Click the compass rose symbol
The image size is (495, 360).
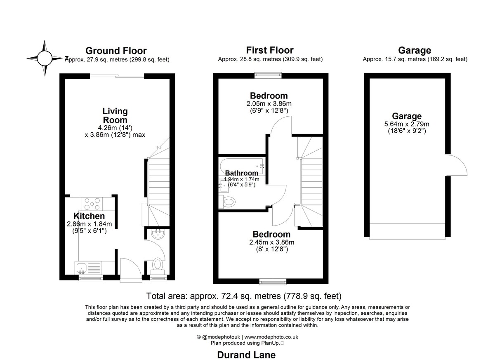pyautogui.click(x=45, y=58)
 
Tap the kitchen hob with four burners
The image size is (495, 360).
pyautogui.click(x=92, y=204)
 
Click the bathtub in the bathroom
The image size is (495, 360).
pyautogui.click(x=242, y=166)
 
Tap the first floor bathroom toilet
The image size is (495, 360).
pyautogui.click(x=227, y=202)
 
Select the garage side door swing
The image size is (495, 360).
pyautogui.click(x=457, y=165)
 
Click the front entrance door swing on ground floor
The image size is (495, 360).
pyautogui.click(x=131, y=269)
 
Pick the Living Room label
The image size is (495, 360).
pyautogui.click(x=115, y=115)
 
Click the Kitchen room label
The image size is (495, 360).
pyautogui.click(x=89, y=216)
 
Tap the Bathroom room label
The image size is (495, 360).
pyautogui.click(x=242, y=173)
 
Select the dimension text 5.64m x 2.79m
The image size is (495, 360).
pyautogui.click(x=407, y=124)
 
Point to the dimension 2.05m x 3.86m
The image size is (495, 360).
pyautogui.click(x=269, y=104)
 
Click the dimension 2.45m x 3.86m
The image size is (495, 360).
pyautogui.click(x=271, y=242)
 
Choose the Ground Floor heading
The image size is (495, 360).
pyautogui.click(x=116, y=51)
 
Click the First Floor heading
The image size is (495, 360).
pyautogui.click(x=270, y=50)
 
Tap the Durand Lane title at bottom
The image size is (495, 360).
pyautogui.click(x=246, y=355)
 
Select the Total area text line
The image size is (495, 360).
pyautogui.click(x=244, y=296)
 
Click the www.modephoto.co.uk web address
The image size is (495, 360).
pyautogui.click(x=271, y=337)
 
